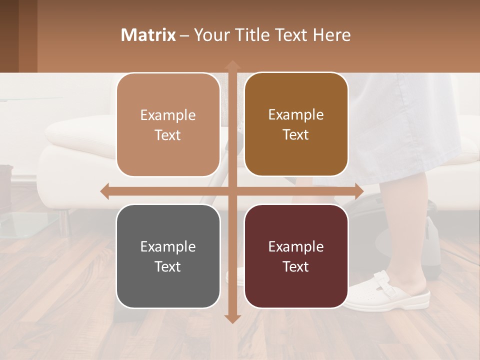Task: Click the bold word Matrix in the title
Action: coord(148,35)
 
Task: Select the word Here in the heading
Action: coord(332,35)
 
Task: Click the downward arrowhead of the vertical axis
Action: coord(232,318)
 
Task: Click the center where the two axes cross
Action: coord(232,191)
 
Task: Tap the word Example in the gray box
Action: coord(168,246)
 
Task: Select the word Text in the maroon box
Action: coord(296,266)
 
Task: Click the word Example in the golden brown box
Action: coord(296,114)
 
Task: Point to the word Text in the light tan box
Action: coord(168,135)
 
